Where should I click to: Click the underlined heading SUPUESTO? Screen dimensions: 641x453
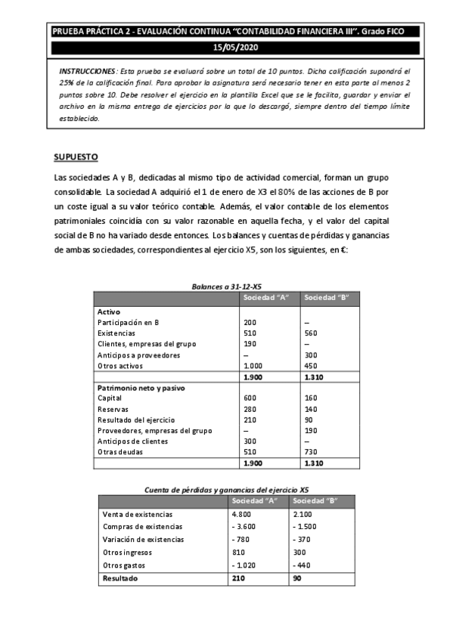76,157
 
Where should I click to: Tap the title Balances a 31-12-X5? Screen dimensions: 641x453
227,286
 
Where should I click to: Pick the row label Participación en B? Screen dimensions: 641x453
129,322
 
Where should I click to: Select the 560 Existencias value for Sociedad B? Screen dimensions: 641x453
310,333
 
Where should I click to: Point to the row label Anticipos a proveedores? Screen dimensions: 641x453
138,355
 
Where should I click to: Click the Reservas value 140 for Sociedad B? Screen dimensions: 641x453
310,409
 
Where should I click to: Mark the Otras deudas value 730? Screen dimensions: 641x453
310,452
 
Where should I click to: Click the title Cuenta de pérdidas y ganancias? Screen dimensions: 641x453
226,490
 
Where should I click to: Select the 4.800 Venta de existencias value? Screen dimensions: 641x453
243,514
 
